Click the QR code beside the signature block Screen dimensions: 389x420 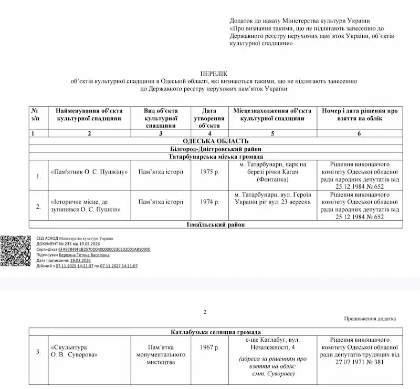click(15, 251)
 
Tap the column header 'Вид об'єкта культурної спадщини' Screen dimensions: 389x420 click(161, 118)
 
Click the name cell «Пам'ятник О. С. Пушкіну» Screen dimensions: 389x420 click(90, 172)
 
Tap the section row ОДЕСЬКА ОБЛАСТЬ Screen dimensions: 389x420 click(214, 141)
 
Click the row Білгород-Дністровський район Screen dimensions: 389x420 click(214, 149)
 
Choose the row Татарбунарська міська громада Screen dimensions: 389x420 click(214, 157)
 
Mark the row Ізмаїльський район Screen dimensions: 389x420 click(214, 224)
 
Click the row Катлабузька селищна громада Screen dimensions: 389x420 click(214, 332)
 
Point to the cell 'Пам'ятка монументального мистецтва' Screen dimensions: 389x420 click(161, 355)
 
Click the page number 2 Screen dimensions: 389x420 click(205, 312)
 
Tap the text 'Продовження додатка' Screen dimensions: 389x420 click(370, 319)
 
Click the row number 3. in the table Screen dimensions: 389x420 click(38, 351)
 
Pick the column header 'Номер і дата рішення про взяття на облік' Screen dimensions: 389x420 click(360, 115)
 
